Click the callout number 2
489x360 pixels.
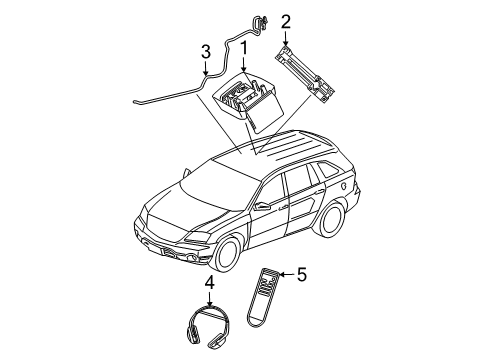point(286,20)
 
